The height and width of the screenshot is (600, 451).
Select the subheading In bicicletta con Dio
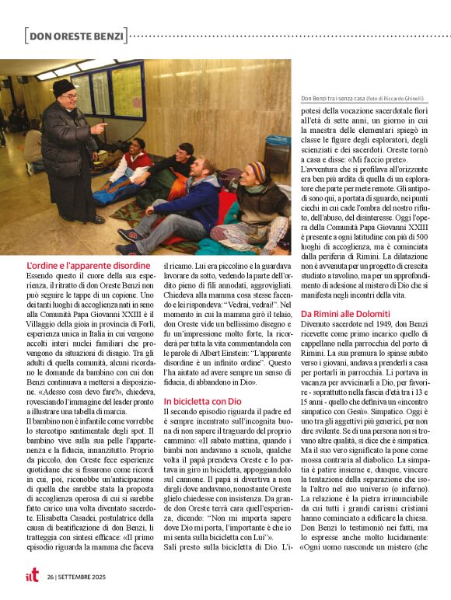pyautogui.click(x=202, y=400)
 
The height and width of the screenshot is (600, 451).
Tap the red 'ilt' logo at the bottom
pyautogui.click(x=29, y=576)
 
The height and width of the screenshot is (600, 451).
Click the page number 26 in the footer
pyautogui.click(x=51, y=577)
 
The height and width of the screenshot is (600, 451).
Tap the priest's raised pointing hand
pyautogui.click(x=100, y=127)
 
